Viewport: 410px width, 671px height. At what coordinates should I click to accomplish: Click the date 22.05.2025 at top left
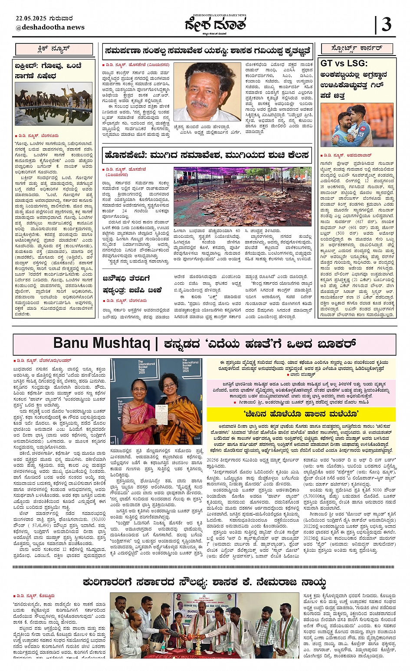click(x=44, y=18)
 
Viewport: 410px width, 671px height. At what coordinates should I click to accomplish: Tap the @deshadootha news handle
click(x=50, y=27)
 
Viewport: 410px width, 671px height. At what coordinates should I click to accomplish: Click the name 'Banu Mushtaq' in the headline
click(x=101, y=344)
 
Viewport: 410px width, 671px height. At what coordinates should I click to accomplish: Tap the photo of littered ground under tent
click(x=242, y=196)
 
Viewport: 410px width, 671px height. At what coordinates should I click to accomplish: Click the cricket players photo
click(x=357, y=125)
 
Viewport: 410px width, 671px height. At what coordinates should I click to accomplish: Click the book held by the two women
click(x=161, y=414)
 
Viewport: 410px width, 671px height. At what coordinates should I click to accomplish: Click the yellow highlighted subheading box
click(x=300, y=414)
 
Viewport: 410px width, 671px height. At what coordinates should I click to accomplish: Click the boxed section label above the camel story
click(x=54, y=49)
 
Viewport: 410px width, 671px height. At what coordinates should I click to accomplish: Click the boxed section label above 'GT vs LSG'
click(x=357, y=49)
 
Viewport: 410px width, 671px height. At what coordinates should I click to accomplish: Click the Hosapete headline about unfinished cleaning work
click(x=207, y=155)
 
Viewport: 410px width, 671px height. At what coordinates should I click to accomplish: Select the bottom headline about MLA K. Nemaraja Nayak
click(x=204, y=582)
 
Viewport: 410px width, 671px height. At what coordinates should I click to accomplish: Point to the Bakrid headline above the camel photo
click(x=48, y=71)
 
